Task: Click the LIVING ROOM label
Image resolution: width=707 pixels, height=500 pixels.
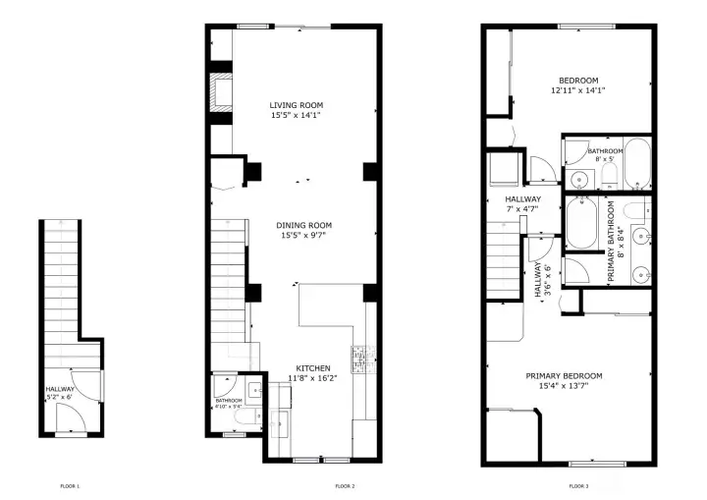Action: (x=297, y=105)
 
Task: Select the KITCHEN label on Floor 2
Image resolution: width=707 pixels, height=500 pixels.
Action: (x=311, y=369)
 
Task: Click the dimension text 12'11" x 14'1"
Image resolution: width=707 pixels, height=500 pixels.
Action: (x=577, y=90)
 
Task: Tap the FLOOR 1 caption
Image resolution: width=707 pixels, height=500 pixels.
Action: (x=70, y=486)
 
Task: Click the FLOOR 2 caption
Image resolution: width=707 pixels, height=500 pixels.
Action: (x=344, y=486)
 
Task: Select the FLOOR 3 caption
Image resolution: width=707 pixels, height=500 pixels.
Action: (x=579, y=486)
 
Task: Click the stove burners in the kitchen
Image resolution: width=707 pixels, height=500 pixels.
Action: (x=358, y=359)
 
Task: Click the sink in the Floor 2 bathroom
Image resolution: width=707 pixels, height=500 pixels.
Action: (x=257, y=392)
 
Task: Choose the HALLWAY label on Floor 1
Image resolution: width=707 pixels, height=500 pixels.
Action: (x=60, y=390)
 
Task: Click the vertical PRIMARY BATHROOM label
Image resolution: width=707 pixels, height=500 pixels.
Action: (x=612, y=242)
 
